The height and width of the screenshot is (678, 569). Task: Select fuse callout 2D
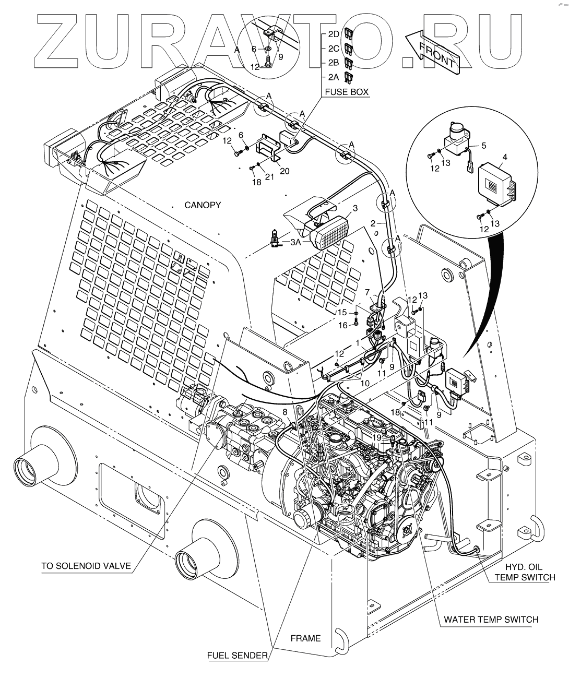[333, 34]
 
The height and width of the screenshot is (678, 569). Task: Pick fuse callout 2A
[333, 77]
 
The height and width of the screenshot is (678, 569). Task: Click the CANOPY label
[203, 205]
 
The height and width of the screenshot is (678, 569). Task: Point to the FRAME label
[305, 638]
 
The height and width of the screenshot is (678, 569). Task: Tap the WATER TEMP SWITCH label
[491, 620]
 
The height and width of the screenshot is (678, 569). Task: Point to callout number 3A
[295, 242]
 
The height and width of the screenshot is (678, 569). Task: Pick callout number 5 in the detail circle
[483, 146]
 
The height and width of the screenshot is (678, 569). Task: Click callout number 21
[269, 177]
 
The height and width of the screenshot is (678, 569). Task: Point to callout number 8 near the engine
[285, 412]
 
